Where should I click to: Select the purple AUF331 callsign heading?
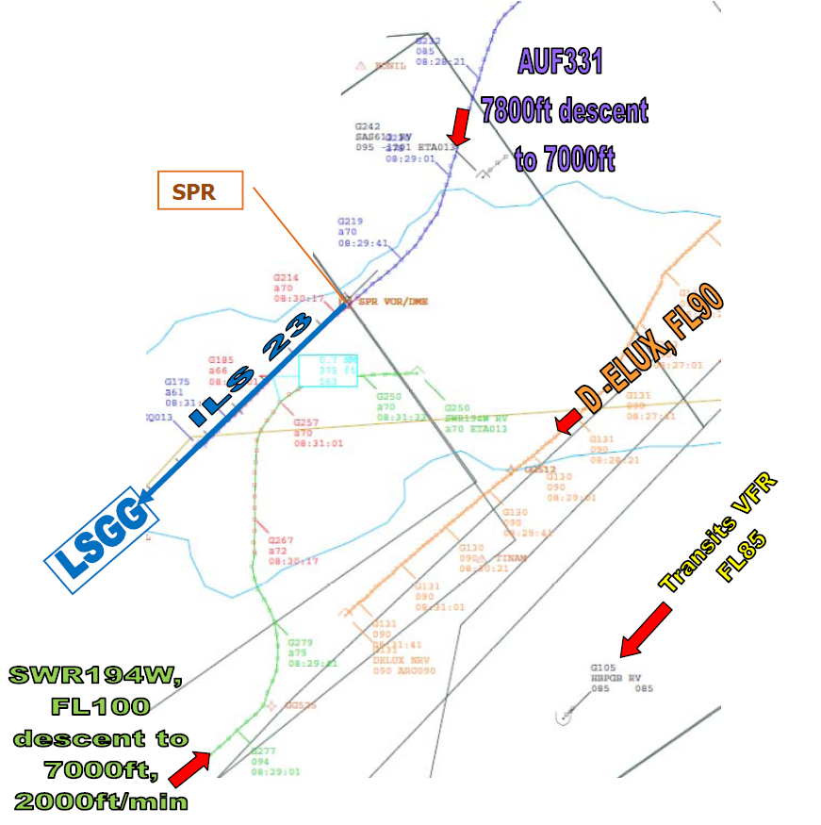(560, 62)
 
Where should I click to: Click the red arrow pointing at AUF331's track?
(459, 125)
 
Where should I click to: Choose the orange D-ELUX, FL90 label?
(650, 350)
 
